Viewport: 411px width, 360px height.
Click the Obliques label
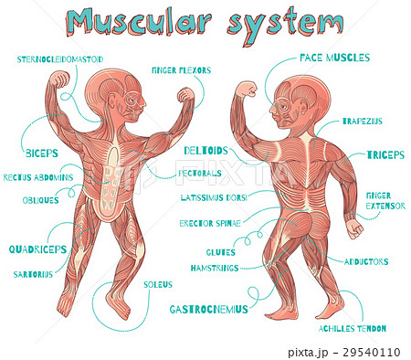tap(41, 199)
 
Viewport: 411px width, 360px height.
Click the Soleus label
tap(157, 284)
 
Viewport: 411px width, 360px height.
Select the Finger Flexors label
tap(183, 69)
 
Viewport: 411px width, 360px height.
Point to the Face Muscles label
tap(334, 58)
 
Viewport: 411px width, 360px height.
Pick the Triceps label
tap(385, 154)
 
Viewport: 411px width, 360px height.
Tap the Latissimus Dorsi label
tap(214, 197)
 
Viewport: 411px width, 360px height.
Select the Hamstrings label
tap(216, 268)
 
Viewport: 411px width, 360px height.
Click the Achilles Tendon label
tap(352, 327)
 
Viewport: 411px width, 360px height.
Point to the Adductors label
tap(366, 261)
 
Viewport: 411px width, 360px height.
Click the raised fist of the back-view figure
tap(244, 90)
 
